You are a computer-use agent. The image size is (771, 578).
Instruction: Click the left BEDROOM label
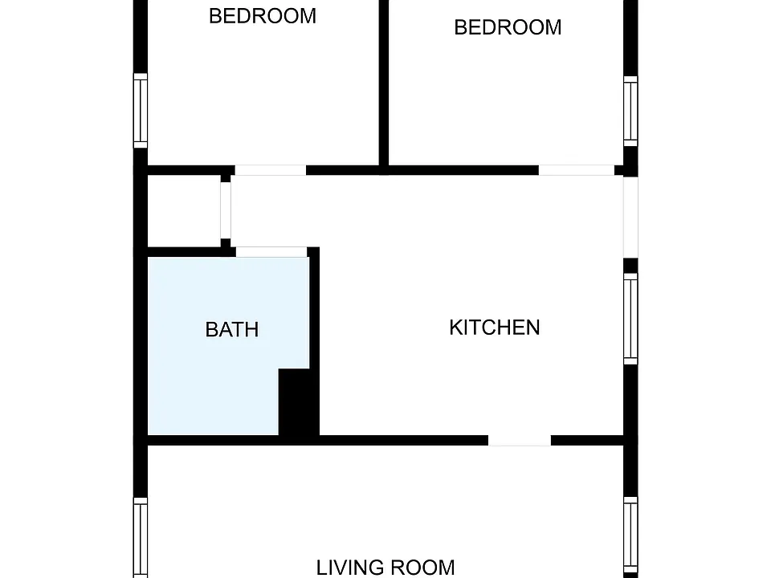pyautogui.click(x=263, y=16)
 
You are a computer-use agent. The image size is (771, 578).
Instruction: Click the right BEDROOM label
pyautogui.click(x=508, y=27)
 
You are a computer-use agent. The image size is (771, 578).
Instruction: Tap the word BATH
pyautogui.click(x=232, y=329)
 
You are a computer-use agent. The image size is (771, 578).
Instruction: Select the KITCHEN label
pyautogui.click(x=495, y=328)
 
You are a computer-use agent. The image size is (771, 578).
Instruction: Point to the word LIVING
pyautogui.click(x=351, y=568)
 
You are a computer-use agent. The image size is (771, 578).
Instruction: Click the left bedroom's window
pyautogui.click(x=141, y=111)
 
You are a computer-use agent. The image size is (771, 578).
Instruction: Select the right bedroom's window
pyautogui.click(x=631, y=111)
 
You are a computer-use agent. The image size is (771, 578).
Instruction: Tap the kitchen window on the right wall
pyautogui.click(x=631, y=319)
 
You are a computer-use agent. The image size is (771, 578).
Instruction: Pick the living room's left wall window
pyautogui.click(x=141, y=538)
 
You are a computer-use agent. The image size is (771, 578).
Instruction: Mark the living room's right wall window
pyautogui.click(x=631, y=538)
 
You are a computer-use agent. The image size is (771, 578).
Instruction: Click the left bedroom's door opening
pyautogui.click(x=271, y=170)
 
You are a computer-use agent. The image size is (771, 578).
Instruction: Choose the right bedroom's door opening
pyautogui.click(x=577, y=170)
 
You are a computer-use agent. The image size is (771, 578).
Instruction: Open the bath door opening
pyautogui.click(x=272, y=251)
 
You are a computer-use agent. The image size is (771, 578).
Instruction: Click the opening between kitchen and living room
pyautogui.click(x=520, y=441)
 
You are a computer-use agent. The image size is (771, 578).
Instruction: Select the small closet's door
pyautogui.click(x=226, y=210)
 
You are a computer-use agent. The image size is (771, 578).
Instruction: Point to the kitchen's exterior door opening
pyautogui.click(x=631, y=218)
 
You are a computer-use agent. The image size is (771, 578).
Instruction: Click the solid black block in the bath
pyautogui.click(x=299, y=402)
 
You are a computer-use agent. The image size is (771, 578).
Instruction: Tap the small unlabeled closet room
pyautogui.click(x=184, y=211)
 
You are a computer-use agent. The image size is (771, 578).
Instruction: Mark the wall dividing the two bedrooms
pyautogui.click(x=384, y=83)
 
